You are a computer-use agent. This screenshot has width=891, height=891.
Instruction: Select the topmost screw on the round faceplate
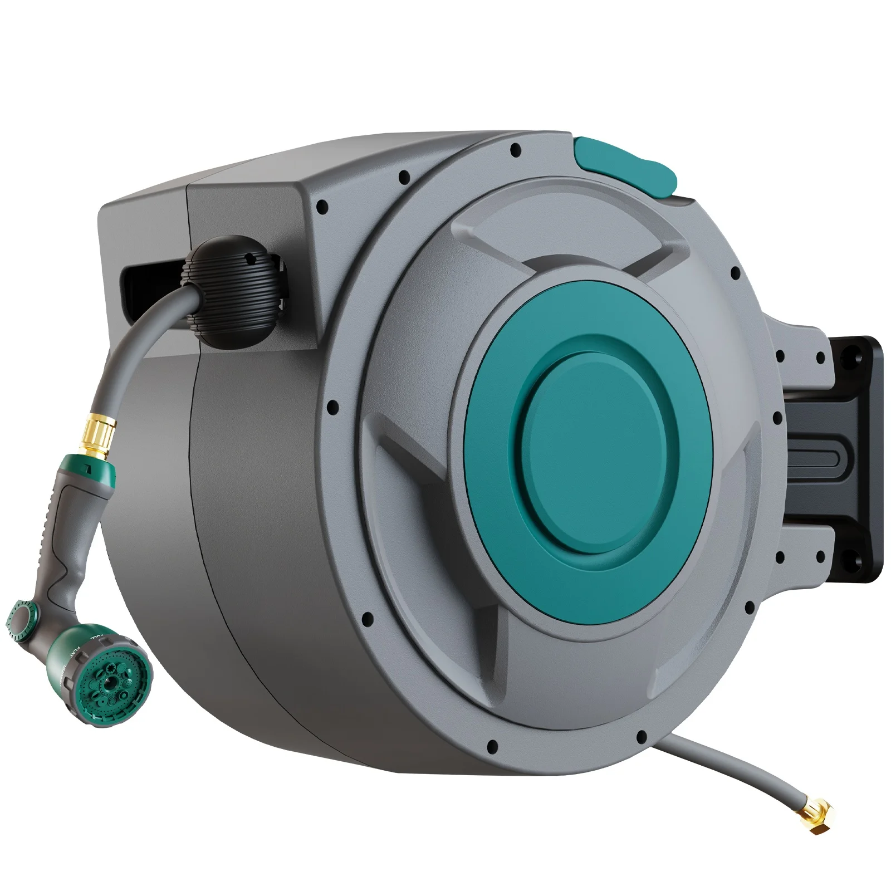[x=516, y=149]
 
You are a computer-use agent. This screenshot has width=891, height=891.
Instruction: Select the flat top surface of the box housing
[x=334, y=167]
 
